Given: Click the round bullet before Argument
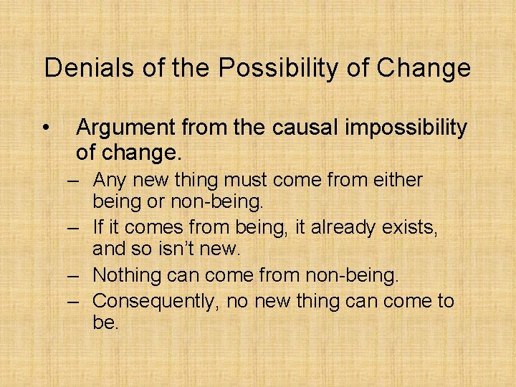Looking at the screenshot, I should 46,128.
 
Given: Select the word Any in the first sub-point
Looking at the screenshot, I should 108,180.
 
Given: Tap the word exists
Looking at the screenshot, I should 411,228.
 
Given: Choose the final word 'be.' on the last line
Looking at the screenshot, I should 105,323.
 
